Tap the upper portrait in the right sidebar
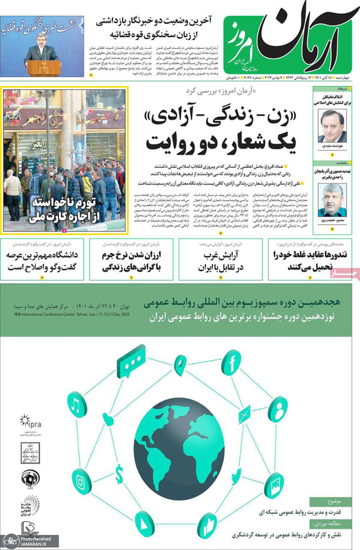[331, 125]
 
